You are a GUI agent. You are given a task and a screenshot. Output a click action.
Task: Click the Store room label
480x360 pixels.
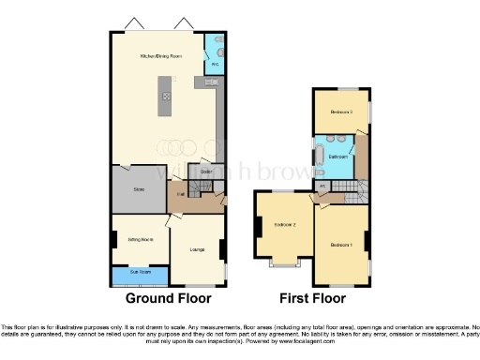(138, 190)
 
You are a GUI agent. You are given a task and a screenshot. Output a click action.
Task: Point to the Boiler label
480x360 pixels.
(205, 172)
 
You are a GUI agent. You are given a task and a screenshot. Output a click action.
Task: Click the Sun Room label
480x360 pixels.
(140, 277)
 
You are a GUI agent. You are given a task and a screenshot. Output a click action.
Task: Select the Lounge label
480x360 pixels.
(197, 248)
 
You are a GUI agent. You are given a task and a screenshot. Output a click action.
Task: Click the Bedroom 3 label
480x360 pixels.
(340, 112)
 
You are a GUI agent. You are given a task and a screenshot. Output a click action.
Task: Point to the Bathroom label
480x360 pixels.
(338, 157)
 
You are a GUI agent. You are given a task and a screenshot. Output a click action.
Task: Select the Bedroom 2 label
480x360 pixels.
(285, 226)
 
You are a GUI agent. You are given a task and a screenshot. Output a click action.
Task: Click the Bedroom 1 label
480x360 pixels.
(340, 245)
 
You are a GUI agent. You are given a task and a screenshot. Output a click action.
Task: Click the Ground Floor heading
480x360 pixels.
(169, 298)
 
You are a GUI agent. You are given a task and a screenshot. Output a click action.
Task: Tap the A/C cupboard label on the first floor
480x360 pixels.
(322, 186)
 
